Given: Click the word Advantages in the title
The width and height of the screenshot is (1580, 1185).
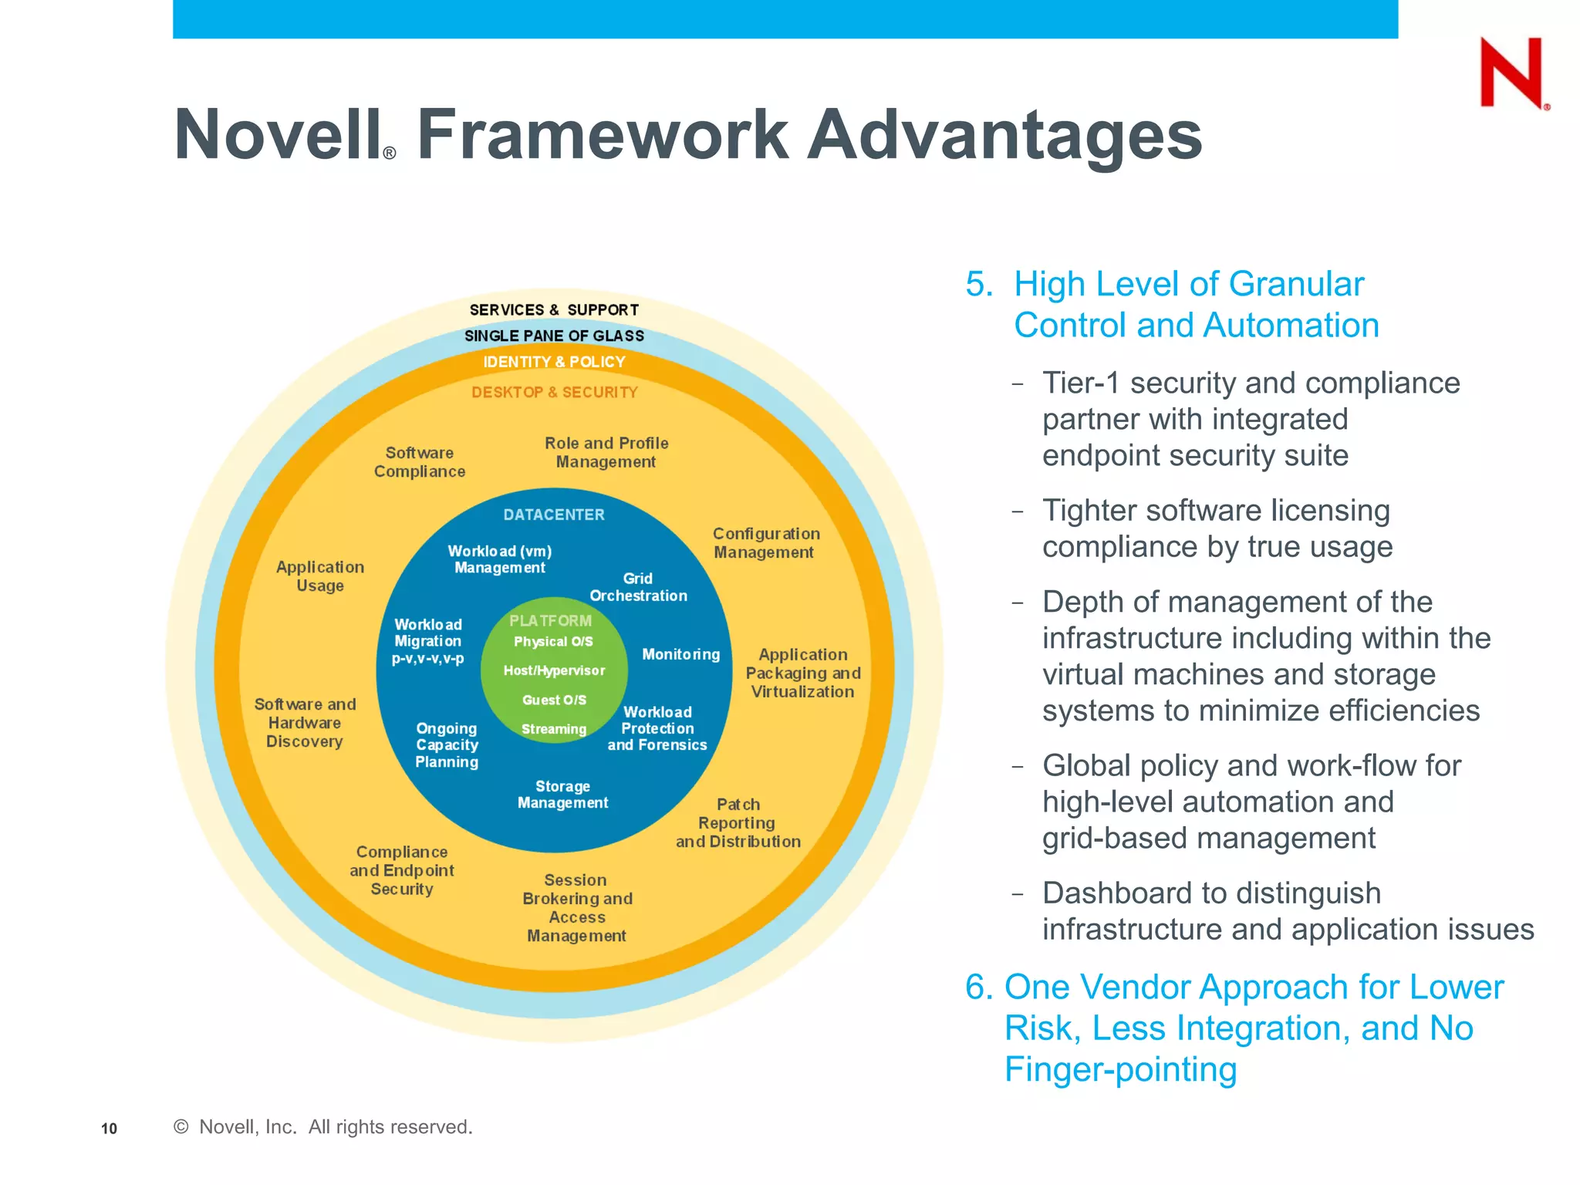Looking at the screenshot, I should tap(1004, 135).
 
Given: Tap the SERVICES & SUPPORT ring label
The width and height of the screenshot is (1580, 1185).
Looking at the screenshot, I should tap(554, 310).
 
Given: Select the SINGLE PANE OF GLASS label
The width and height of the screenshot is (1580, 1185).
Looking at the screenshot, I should tap(554, 336).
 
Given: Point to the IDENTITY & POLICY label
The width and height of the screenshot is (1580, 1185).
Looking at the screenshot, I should tap(554, 362).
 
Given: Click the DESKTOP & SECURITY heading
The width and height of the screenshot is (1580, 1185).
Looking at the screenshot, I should tap(554, 392).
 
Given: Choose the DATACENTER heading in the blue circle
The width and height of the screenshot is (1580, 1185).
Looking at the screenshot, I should tap(554, 515).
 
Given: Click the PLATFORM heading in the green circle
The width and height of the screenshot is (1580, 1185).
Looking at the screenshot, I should tap(550, 620).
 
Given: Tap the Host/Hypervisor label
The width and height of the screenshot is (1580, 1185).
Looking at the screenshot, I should tap(554, 670).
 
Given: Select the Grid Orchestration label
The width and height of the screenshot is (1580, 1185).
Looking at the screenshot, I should tap(638, 587).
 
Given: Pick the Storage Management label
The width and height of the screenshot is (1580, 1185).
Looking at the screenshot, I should tap(562, 795).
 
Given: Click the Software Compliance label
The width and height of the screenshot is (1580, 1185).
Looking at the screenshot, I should tap(420, 462).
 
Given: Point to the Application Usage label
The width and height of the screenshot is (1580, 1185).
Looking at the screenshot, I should tap(320, 576).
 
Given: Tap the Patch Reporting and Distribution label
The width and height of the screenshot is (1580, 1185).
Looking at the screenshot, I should tap(738, 823).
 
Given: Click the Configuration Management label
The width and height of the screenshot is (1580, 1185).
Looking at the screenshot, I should tap(765, 543).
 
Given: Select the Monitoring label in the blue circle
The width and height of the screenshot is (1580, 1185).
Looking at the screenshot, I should tap(680, 654).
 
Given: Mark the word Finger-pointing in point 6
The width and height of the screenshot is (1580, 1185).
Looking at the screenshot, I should tap(1120, 1069).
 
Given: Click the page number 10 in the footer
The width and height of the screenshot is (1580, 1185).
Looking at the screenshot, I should tap(109, 1129).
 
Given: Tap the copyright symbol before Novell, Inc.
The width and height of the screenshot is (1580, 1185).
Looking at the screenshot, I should tap(181, 1126).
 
